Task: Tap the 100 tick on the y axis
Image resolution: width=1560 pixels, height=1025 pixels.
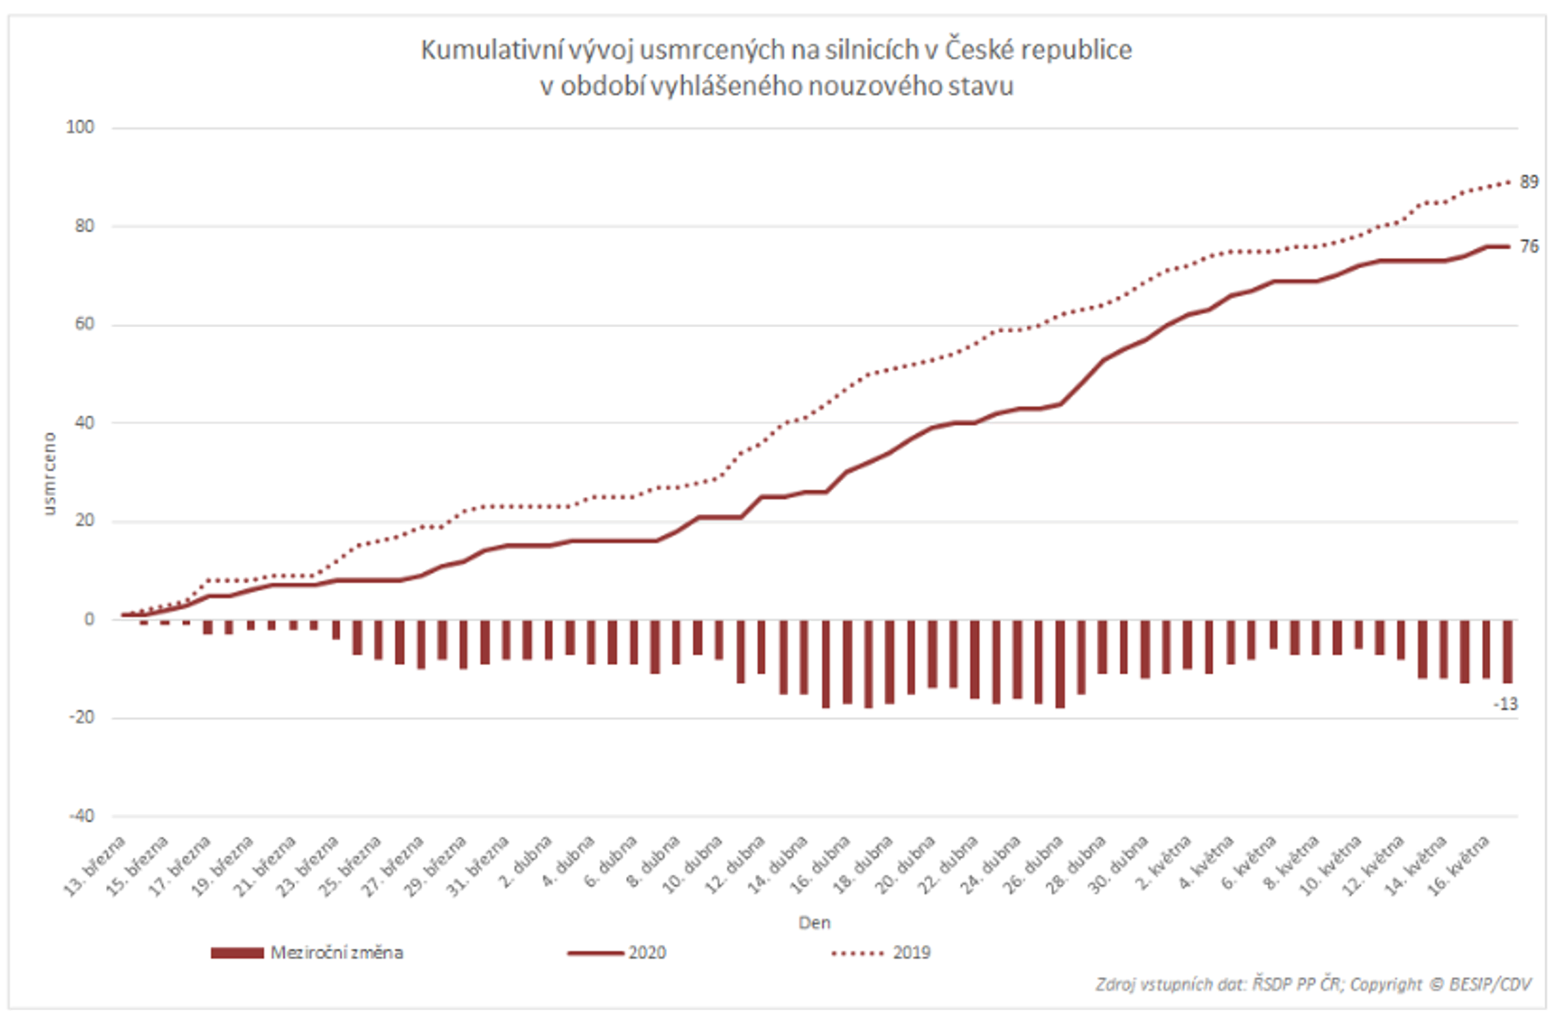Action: pyautogui.click(x=80, y=128)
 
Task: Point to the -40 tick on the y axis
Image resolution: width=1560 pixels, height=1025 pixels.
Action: pyautogui.click(x=81, y=816)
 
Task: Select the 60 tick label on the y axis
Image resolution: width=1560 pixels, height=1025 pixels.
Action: pyautogui.click(x=84, y=324)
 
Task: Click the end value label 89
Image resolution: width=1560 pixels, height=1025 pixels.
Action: pyautogui.click(x=1529, y=182)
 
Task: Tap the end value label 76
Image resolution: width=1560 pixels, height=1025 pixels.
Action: pyautogui.click(x=1529, y=247)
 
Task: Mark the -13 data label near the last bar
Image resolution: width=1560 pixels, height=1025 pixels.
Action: pyautogui.click(x=1505, y=705)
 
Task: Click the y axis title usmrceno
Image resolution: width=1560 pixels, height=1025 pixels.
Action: pyautogui.click(x=49, y=473)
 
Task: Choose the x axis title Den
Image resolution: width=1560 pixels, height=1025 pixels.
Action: pyautogui.click(x=814, y=923)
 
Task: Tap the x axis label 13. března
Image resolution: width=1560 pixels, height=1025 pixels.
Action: pyautogui.click(x=96, y=866)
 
